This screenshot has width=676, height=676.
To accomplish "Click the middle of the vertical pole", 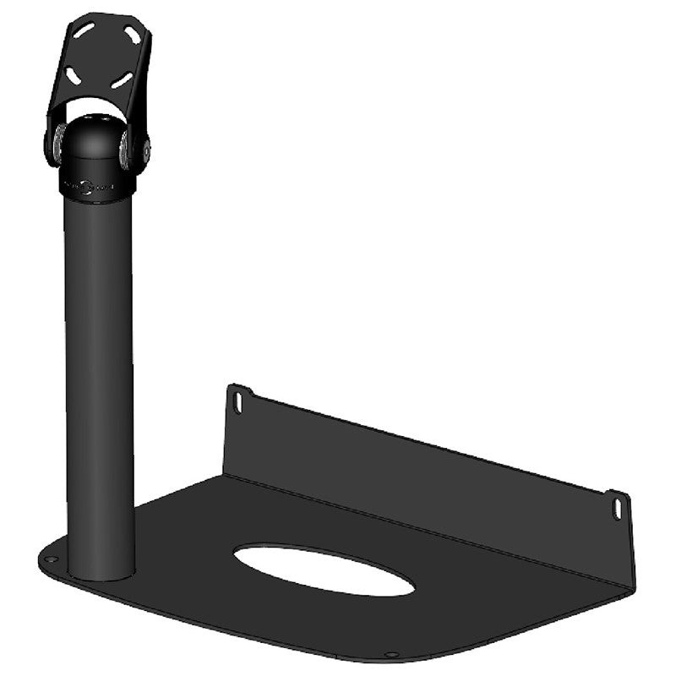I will (x=99, y=380).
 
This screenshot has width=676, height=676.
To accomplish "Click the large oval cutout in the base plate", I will (x=324, y=569).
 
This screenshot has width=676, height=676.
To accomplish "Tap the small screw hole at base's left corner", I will (x=52, y=559).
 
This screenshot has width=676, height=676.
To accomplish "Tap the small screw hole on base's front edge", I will (x=390, y=653).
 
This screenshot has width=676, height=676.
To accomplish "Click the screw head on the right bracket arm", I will (x=146, y=153).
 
